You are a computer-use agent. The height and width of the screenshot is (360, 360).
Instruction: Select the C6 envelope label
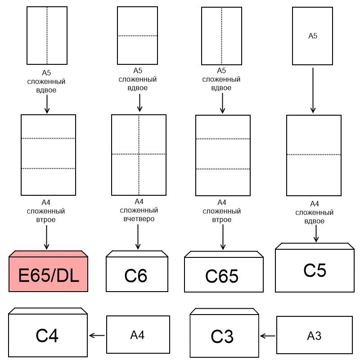(x=136, y=275)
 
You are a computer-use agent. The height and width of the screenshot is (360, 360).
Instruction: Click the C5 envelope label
(x=315, y=270)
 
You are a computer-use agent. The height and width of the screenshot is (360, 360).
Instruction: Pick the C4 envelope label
(x=47, y=336)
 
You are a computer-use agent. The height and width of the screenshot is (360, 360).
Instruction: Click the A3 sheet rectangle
(x=314, y=335)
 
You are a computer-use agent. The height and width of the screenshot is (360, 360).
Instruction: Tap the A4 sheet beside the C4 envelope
(x=138, y=334)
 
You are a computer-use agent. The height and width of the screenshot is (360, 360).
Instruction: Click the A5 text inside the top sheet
(x=312, y=36)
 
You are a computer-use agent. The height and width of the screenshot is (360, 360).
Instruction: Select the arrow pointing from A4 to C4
(x=97, y=335)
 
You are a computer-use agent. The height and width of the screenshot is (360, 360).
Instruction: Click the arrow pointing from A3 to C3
(x=268, y=335)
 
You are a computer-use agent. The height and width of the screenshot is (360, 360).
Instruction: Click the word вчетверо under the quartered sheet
(x=139, y=219)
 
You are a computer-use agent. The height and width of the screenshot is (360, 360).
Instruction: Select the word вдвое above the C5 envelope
(x=315, y=221)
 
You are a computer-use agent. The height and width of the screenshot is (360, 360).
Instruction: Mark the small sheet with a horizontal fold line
(x=137, y=36)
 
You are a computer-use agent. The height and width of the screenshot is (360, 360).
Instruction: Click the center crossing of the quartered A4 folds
(x=139, y=154)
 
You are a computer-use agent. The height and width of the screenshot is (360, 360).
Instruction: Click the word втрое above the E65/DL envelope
(x=47, y=220)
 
